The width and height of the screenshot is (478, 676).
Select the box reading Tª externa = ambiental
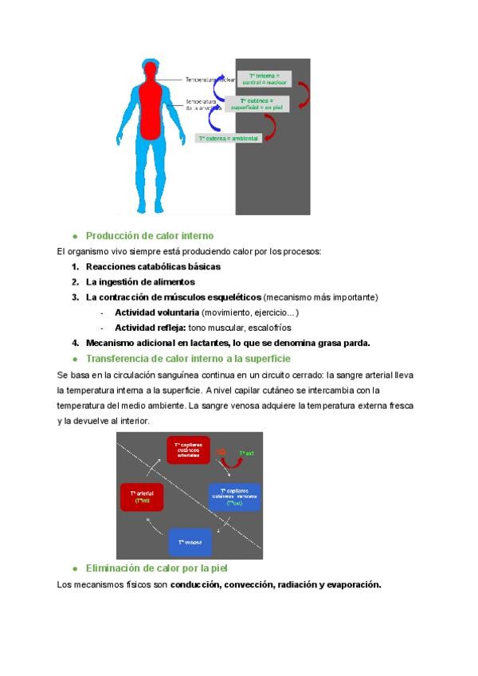pyautogui.click(x=229, y=138)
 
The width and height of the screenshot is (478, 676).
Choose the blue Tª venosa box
pyautogui.click(x=190, y=542)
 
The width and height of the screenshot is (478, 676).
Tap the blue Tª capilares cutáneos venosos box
pyautogui.click(x=234, y=497)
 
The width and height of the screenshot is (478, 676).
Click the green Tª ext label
pyautogui.click(x=246, y=453)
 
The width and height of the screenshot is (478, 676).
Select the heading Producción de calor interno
pyautogui.click(x=150, y=236)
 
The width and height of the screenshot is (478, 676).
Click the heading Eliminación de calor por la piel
pyautogui.click(x=157, y=568)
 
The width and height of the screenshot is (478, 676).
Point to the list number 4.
pyautogui.click(x=74, y=343)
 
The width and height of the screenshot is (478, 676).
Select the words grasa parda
pyautogui.click(x=343, y=343)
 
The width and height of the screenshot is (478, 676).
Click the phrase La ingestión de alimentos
pyautogui.click(x=140, y=281)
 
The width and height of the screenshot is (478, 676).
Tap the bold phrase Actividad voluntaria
pyautogui.click(x=157, y=312)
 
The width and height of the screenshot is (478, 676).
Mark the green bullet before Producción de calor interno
pyautogui.click(x=75, y=237)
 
